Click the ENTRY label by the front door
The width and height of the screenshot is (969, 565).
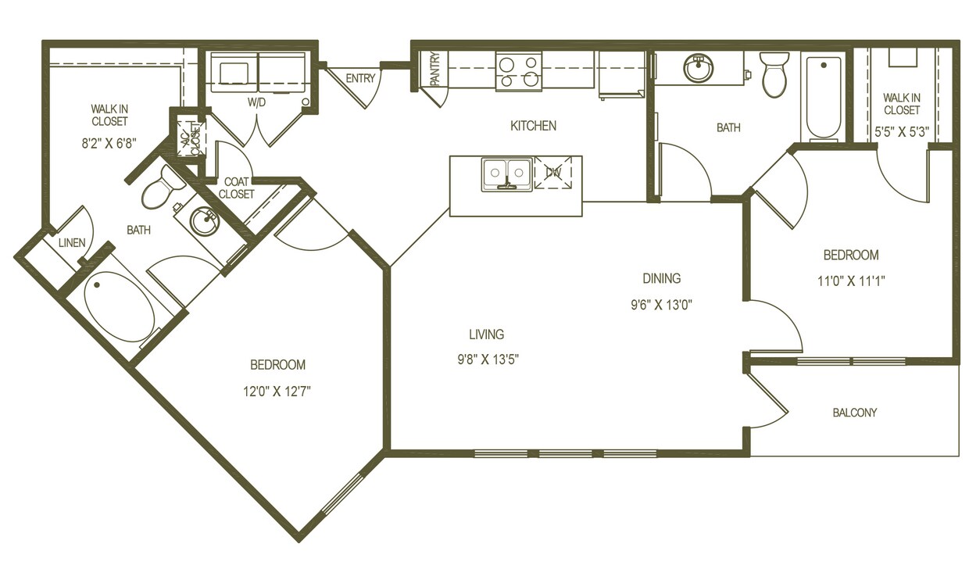coord(360,78)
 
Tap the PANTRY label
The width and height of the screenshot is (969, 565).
coord(434,70)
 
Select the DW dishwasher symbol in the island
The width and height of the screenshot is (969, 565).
coord(553,172)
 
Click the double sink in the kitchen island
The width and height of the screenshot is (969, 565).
coord(506,174)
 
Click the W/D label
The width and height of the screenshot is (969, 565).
coord(258,102)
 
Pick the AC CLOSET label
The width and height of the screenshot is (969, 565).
coord(188,139)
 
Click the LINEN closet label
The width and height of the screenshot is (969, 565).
coord(72,243)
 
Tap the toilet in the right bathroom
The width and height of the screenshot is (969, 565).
coord(774,75)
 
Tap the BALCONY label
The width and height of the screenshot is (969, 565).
coord(854,413)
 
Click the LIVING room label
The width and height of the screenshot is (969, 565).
coord(486,334)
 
